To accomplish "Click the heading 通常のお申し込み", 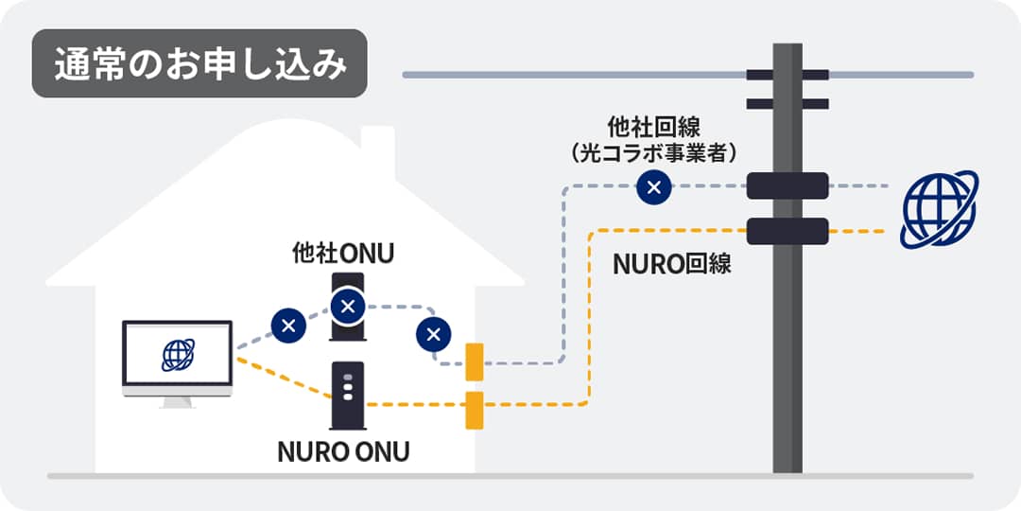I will [199, 63].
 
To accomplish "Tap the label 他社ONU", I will [342, 255].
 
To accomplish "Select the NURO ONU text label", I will [343, 451].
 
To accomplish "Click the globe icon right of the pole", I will [939, 209].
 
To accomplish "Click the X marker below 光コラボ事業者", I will [653, 187].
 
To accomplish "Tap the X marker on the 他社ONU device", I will [348, 306].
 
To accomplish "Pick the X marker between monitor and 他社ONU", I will [288, 326].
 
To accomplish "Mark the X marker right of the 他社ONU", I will [434, 333].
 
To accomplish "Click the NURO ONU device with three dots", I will [348, 395].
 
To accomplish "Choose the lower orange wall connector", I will [475, 409].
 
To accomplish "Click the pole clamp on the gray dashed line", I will [787, 185].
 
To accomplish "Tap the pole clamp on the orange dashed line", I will [787, 231].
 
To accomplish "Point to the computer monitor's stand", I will [177, 401].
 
